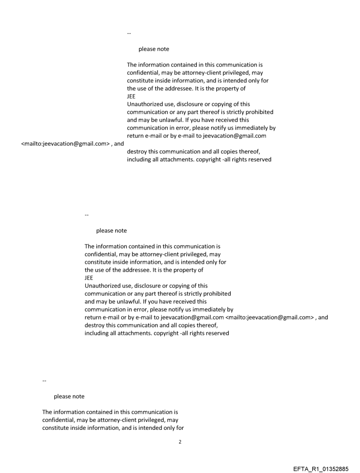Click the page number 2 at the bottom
[x=180, y=442]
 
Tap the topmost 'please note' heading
[x=154, y=49]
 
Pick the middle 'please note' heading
[x=111, y=231]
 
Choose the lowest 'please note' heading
[x=69, y=396]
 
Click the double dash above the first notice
[x=129, y=34]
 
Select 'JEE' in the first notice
[x=131, y=97]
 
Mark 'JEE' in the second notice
[x=89, y=278]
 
